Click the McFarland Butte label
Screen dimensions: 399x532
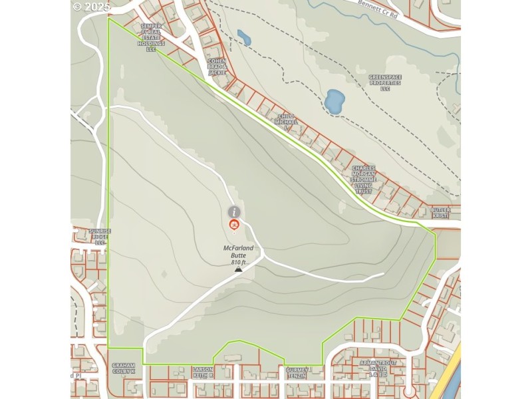[238, 252]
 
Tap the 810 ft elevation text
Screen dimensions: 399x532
[239, 262]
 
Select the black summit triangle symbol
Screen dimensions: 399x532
[238, 270]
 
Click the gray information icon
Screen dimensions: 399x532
[234, 211]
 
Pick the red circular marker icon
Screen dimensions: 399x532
[234, 225]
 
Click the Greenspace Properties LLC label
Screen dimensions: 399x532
[385, 82]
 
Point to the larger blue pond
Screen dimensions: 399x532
[334, 101]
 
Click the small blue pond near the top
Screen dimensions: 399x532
[244, 37]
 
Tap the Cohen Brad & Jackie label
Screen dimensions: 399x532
[217, 66]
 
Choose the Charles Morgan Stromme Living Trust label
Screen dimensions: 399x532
[364, 180]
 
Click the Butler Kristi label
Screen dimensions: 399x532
[440, 212]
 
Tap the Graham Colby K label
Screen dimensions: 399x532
[123, 368]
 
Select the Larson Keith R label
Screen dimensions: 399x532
[203, 372]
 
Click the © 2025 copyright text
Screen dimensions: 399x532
[92, 7]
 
